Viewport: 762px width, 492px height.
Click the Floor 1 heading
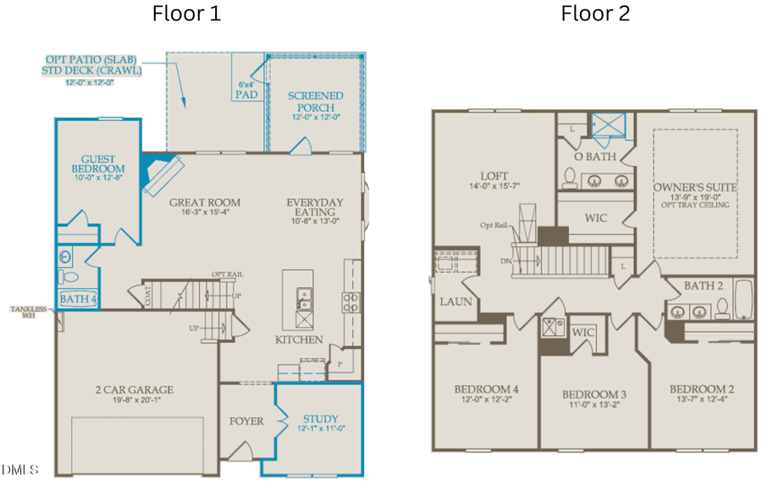(x=186, y=14)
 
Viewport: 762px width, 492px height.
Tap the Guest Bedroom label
(x=97, y=164)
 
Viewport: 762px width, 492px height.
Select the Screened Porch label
(x=315, y=102)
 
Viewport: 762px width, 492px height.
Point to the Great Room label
(x=205, y=202)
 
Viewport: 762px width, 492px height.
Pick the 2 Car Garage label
(x=135, y=390)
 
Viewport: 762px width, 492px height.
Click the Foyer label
(x=246, y=421)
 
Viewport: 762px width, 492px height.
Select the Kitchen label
(x=299, y=340)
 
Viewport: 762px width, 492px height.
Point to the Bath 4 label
(x=75, y=298)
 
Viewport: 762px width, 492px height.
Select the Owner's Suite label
(x=695, y=186)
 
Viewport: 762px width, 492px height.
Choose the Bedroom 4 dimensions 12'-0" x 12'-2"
(x=486, y=398)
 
